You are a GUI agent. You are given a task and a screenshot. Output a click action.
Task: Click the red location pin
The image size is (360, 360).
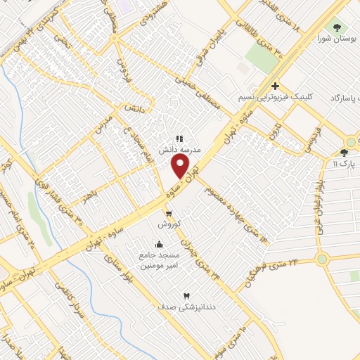181,166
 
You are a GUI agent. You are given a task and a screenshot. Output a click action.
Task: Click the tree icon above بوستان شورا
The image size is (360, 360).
337,27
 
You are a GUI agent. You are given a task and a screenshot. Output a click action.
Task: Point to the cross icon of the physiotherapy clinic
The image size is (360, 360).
276,85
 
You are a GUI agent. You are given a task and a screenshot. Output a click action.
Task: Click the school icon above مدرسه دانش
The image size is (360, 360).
179,139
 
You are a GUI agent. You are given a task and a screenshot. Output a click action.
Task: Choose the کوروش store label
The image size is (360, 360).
170,223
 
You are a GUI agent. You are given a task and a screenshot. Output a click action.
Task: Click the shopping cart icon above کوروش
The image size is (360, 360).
168,212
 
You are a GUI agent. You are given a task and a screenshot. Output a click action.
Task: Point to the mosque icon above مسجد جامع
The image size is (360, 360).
159,245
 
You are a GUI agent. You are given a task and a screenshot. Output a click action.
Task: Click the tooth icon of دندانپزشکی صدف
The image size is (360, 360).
186,296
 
